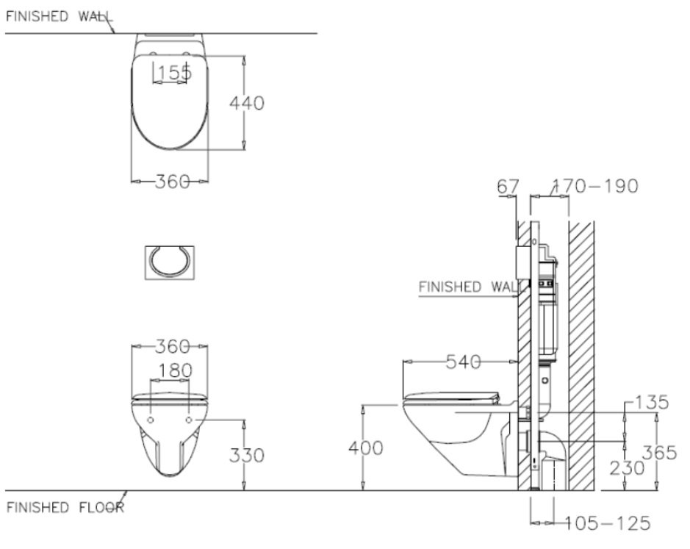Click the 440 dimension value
246,104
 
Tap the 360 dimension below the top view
172,181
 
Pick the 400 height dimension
365,448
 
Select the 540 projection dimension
464,362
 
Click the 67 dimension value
508,186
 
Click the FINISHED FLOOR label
65,507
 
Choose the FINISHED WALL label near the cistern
465,287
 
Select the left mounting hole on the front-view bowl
151,421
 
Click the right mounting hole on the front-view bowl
190,421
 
